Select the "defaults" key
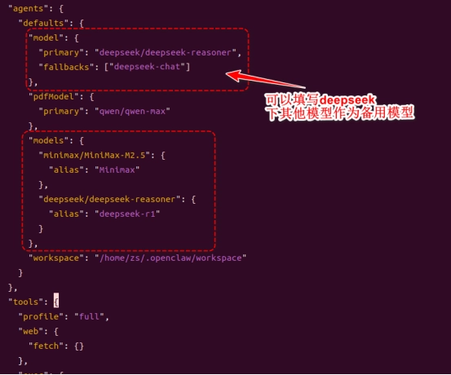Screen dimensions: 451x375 (x=43, y=23)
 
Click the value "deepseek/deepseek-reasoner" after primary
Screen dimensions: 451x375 (x=165, y=52)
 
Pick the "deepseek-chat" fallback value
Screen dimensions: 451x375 (x=147, y=67)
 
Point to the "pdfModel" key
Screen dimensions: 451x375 (x=53, y=97)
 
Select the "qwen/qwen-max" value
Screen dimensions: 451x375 (x=132, y=112)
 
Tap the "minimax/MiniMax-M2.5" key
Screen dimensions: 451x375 (x=95, y=155)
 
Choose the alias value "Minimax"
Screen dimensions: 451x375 (x=117, y=170)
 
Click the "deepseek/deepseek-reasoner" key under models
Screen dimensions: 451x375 (x=109, y=199)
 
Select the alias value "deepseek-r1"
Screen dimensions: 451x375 (x=127, y=214)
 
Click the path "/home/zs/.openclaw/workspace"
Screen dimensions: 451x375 (x=170, y=258)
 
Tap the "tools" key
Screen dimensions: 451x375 (x=26, y=302)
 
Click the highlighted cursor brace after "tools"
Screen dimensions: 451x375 (x=56, y=301)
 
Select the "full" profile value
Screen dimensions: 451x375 (x=89, y=316)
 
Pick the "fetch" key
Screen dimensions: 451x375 (x=46, y=346)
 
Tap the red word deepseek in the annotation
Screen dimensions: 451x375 (x=347, y=99)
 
